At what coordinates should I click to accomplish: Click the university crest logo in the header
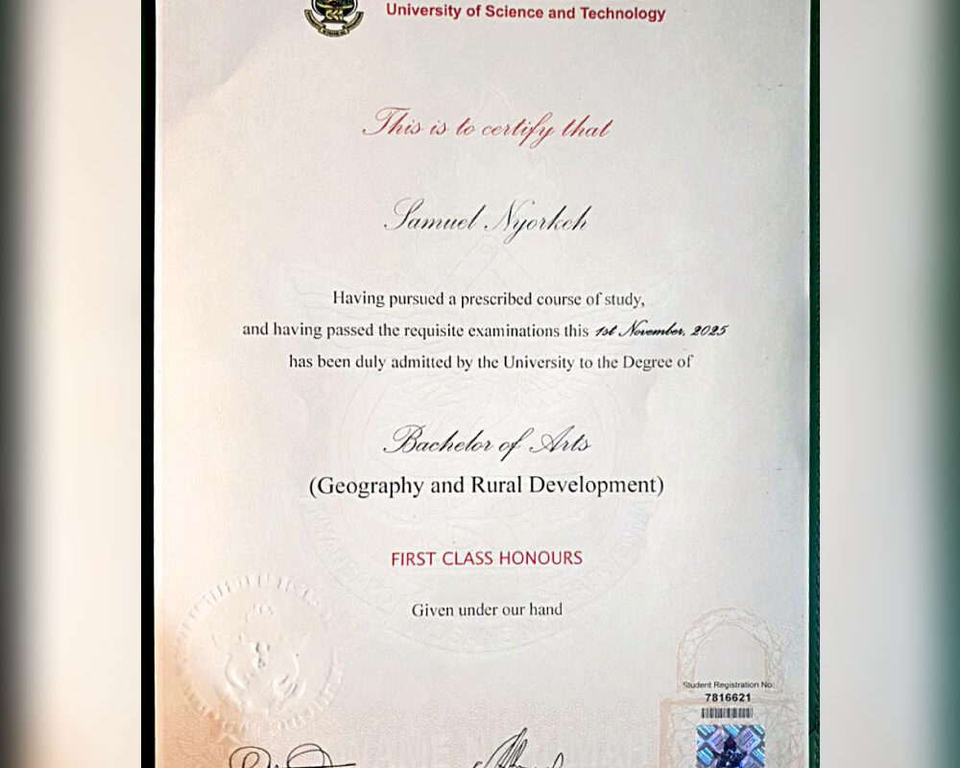pyautogui.click(x=333, y=16)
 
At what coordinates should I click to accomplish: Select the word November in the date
pyautogui.click(x=650, y=330)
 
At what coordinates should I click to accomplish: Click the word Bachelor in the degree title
pyautogui.click(x=439, y=443)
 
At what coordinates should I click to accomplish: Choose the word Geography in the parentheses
pyautogui.click(x=371, y=485)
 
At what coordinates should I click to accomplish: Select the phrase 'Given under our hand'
pyautogui.click(x=487, y=610)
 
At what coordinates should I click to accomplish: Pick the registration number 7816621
pyautogui.click(x=729, y=698)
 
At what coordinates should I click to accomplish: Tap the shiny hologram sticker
pyautogui.click(x=731, y=746)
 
